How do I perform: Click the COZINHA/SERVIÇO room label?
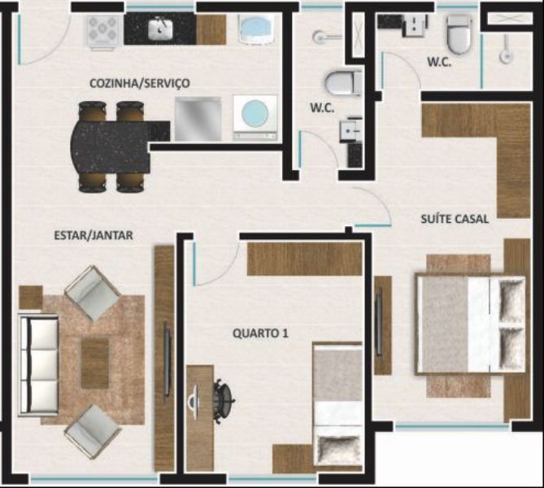point(140,84)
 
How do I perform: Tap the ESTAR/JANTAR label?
point(94,235)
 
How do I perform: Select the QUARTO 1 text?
point(260,333)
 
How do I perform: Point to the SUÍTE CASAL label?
point(455,219)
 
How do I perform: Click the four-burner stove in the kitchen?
point(102,30)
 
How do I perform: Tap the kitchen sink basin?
point(161,28)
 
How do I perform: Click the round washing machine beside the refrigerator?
point(255,117)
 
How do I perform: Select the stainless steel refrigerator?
point(198,119)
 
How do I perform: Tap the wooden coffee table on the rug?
point(95,364)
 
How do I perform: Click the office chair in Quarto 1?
point(222,401)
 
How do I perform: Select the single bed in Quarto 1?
point(337,405)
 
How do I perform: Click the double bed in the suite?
point(471,325)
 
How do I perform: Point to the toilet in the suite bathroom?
point(459,34)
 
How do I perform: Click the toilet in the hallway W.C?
point(344,83)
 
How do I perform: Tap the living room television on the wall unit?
point(168,362)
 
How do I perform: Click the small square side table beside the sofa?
point(31,298)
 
